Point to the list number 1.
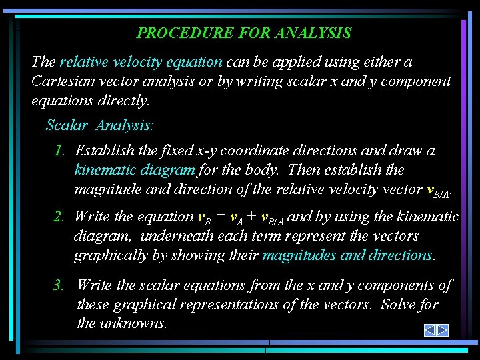click(x=59, y=151)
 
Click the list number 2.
click(x=59, y=216)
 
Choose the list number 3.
click(x=59, y=285)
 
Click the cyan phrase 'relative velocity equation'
click(x=141, y=62)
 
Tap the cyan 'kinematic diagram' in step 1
click(x=135, y=170)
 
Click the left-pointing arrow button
click(x=430, y=330)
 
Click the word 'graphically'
click(x=110, y=255)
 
